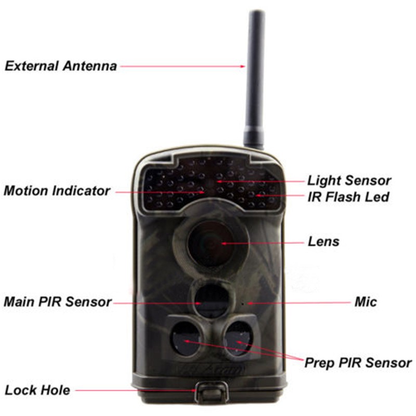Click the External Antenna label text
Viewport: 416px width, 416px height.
(x=61, y=66)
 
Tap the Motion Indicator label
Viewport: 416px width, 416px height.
(x=57, y=190)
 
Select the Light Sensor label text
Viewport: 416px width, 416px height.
(x=349, y=180)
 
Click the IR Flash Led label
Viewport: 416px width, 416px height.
(x=348, y=197)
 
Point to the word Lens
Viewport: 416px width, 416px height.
(x=323, y=242)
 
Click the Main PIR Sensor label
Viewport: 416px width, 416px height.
(x=58, y=302)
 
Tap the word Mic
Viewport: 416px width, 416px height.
(x=366, y=302)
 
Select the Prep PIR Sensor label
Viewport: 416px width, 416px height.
(x=358, y=363)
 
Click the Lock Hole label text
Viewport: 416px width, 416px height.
(x=37, y=391)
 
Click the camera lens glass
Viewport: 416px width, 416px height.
(x=211, y=243)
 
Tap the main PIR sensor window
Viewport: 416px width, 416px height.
(x=212, y=300)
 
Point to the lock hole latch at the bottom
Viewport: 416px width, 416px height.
(x=212, y=393)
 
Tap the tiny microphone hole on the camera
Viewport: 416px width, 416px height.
(x=242, y=303)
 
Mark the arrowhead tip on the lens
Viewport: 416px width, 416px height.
(x=222, y=243)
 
